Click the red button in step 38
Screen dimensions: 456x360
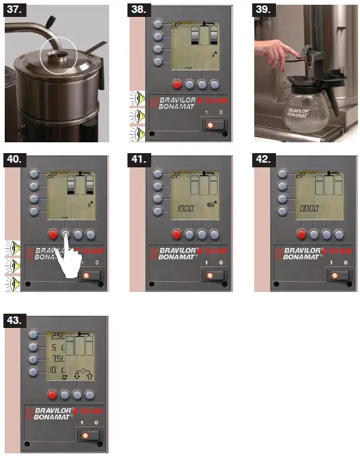(178, 85)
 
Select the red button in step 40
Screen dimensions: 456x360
(53, 235)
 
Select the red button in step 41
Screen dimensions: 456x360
(178, 235)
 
